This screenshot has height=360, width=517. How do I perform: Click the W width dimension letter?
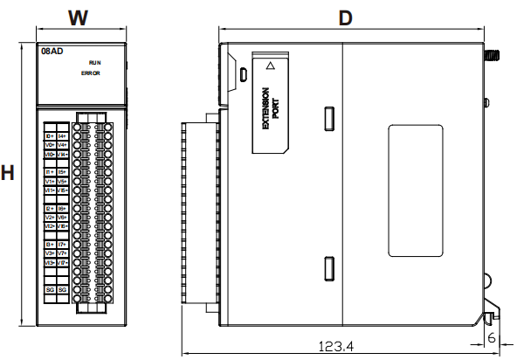[79, 17]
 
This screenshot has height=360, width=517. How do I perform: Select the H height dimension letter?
[8, 172]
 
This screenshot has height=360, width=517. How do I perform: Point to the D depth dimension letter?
[346, 18]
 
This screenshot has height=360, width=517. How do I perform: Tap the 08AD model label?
[52, 52]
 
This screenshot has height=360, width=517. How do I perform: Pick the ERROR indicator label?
[92, 73]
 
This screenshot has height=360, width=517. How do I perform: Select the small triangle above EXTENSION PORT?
[271, 65]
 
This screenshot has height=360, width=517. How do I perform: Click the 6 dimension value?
[493, 336]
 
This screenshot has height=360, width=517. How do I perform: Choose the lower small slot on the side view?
[328, 269]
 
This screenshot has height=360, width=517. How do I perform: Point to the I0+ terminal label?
[50, 136]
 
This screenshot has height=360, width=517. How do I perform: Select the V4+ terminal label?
[63, 145]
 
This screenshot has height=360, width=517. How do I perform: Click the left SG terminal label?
[50, 288]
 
